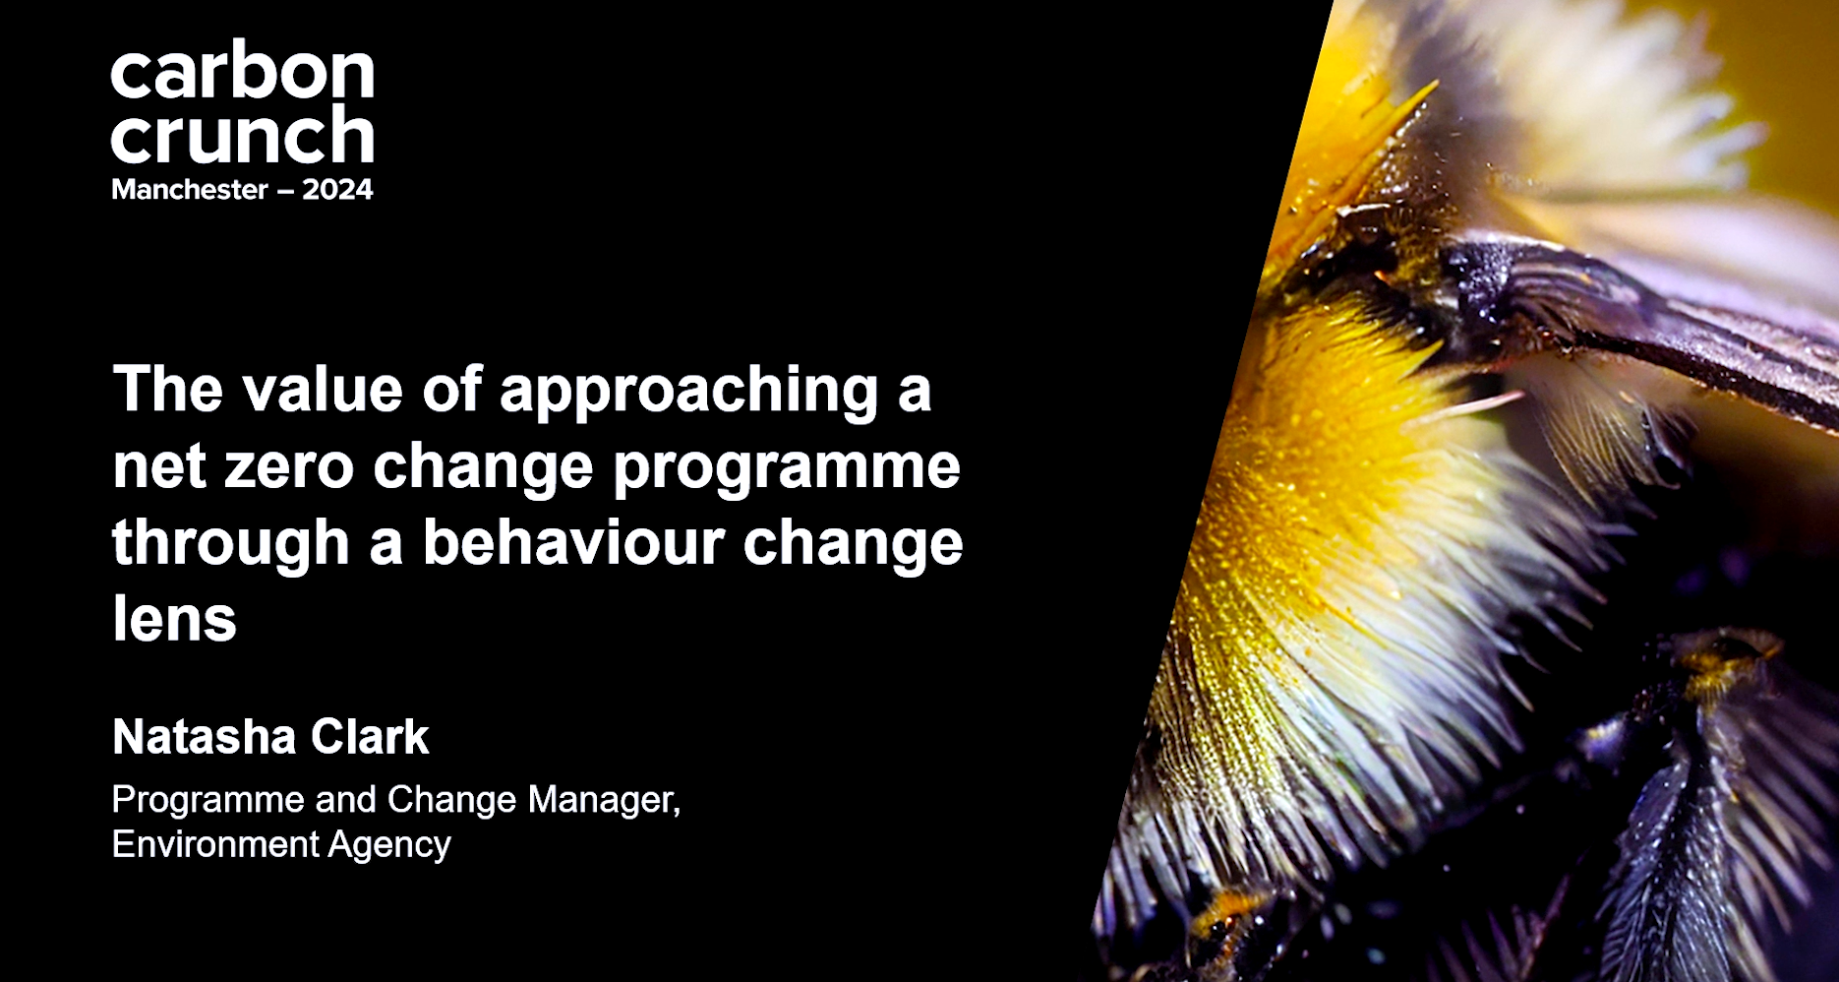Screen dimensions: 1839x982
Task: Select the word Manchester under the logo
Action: click(190, 189)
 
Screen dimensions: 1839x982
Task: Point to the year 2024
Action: click(337, 189)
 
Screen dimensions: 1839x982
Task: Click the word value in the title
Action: click(324, 389)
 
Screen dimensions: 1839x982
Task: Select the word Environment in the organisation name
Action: click(215, 844)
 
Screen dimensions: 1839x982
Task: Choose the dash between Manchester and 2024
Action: click(285, 191)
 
